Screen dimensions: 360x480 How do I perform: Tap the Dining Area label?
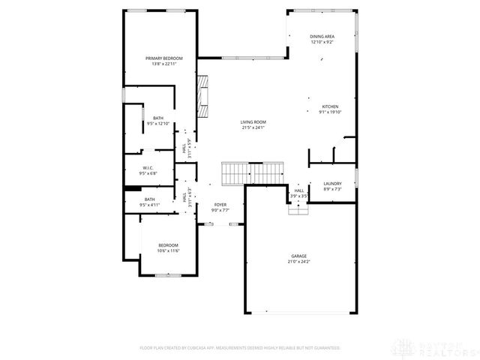pos(322,36)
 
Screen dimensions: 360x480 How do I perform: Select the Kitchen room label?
pos(331,106)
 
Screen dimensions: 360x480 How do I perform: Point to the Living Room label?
pos(253,121)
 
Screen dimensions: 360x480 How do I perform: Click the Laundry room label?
pos(332,184)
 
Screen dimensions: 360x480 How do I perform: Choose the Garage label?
pos(298,256)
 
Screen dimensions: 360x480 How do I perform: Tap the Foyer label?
pos(220,204)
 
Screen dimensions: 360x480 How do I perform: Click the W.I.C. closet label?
pos(148,168)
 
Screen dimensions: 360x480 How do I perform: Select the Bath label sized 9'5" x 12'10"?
pos(158,118)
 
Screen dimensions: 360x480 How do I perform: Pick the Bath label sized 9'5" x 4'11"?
pos(150,199)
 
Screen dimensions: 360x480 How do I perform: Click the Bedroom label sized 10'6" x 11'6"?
pos(168,245)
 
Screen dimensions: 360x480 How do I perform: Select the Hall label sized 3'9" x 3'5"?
pos(299,190)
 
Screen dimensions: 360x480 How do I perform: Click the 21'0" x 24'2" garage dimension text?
pos(298,262)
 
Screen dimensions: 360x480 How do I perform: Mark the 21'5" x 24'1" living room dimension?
pos(253,127)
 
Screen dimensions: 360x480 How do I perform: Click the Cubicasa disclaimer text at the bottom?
pos(240,348)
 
